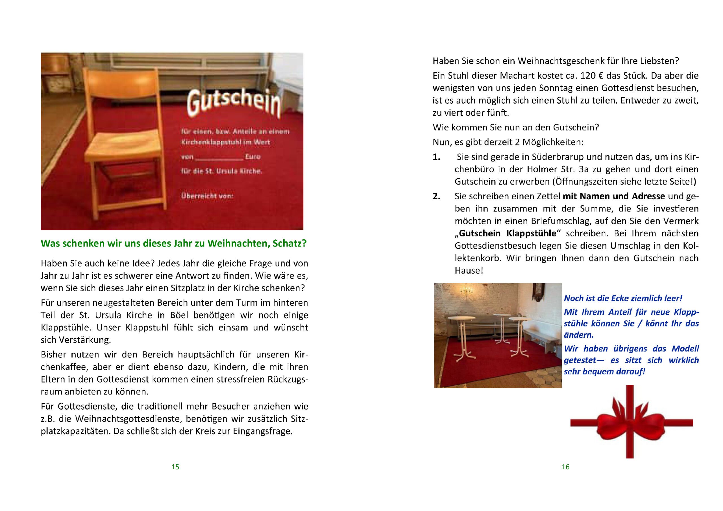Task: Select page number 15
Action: [175, 467]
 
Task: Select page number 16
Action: [566, 467]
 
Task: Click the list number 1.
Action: [436, 157]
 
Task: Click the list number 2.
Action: [436, 196]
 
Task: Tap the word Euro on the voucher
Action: [252, 156]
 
